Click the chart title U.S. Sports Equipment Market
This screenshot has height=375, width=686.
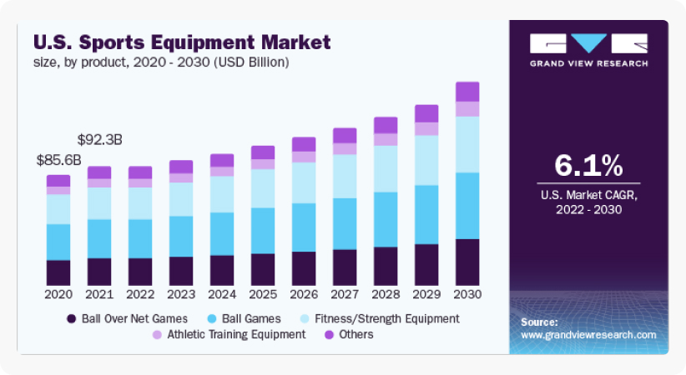(182, 41)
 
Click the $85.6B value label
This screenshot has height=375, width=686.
(58, 159)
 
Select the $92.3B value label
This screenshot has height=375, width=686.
(99, 139)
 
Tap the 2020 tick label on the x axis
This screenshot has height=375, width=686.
(58, 294)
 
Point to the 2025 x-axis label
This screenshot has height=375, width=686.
(263, 294)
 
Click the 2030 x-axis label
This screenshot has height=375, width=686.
(467, 294)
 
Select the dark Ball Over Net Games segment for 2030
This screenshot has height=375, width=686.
(467, 262)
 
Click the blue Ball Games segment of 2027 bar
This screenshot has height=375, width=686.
(345, 223)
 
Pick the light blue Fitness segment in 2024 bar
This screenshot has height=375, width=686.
(222, 194)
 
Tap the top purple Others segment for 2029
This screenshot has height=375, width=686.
(426, 113)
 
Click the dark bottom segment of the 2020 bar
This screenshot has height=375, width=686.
(58, 272)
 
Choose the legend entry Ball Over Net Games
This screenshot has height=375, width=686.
(132, 318)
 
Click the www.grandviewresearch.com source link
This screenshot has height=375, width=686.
(588, 334)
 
